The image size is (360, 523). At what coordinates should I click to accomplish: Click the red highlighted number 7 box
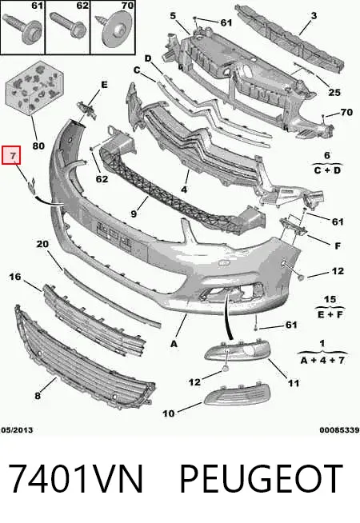click(11, 155)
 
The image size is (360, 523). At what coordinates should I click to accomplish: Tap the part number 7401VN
click(76, 479)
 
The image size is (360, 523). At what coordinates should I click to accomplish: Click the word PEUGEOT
click(262, 479)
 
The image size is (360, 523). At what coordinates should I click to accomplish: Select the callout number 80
click(38, 146)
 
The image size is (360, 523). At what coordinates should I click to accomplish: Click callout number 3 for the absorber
click(314, 15)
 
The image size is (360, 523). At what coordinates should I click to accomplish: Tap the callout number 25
click(334, 93)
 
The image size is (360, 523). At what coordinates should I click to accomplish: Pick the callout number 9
click(134, 214)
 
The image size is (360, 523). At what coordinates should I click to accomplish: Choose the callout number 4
click(184, 190)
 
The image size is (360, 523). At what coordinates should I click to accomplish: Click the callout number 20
click(42, 244)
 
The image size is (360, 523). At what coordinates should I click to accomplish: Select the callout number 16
click(14, 277)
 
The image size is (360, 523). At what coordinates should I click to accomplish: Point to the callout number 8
click(38, 396)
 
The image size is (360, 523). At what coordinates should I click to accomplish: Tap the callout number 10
click(169, 413)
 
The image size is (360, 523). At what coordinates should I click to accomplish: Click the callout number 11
click(294, 383)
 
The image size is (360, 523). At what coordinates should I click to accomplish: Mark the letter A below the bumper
click(174, 344)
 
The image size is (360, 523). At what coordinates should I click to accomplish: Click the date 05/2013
click(17, 430)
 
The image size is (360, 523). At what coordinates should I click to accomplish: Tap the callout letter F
click(338, 246)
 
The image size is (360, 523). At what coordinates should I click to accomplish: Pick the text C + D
click(327, 170)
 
